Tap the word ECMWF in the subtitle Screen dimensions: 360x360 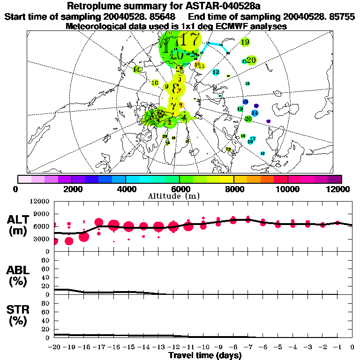click(x=232, y=26)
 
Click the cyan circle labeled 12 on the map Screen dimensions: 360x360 click(x=216, y=72)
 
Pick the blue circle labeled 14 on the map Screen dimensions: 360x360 click(x=255, y=113)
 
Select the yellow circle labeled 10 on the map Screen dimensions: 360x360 click(x=155, y=83)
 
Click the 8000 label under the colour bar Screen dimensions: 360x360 click(x=234, y=189)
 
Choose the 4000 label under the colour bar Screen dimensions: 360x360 click(x=125, y=189)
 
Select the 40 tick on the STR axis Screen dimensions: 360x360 click(x=46, y=321)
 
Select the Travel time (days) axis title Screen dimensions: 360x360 click(x=205, y=356)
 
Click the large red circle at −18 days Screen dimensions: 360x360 click(x=84, y=237)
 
